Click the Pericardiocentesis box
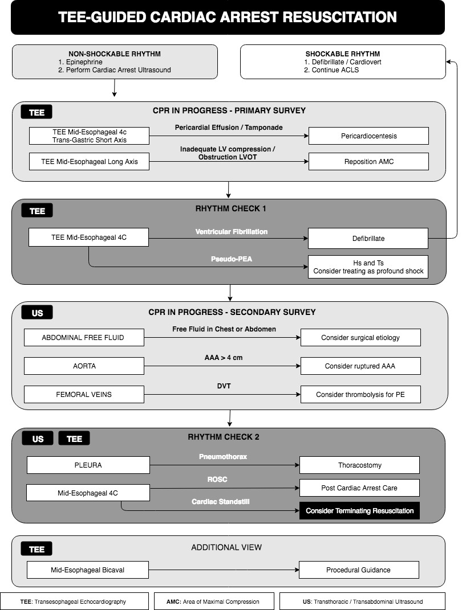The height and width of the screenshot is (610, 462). tap(368, 136)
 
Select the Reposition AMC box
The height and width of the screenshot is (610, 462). tap(368, 161)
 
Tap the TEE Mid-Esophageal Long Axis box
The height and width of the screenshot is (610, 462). tap(89, 161)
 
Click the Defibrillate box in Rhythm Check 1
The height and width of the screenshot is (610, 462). tap(368, 239)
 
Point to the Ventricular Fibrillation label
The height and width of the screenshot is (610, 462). tap(232, 231)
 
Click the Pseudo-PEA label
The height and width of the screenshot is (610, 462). tap(232, 259)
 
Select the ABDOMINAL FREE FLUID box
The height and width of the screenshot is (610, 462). tap(84, 338)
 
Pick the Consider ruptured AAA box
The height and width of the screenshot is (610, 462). tap(360, 366)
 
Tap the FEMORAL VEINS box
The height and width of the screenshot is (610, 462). tap(84, 395)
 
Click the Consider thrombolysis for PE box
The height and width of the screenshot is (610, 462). tap(360, 395)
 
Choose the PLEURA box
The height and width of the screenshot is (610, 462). tap(88, 465)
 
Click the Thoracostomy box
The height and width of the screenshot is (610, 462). tap(359, 465)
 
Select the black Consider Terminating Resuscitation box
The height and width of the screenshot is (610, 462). tap(359, 511)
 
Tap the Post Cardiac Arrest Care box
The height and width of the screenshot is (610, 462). tap(359, 488)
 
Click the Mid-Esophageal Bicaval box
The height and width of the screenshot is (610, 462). tap(88, 570)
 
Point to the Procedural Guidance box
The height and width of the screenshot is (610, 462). tap(359, 570)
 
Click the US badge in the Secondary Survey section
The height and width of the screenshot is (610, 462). tap(38, 313)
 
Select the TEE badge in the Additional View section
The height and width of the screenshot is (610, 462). tap(37, 549)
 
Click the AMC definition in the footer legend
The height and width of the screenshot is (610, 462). tap(213, 601)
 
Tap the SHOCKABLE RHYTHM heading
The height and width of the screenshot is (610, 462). tap(343, 54)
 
